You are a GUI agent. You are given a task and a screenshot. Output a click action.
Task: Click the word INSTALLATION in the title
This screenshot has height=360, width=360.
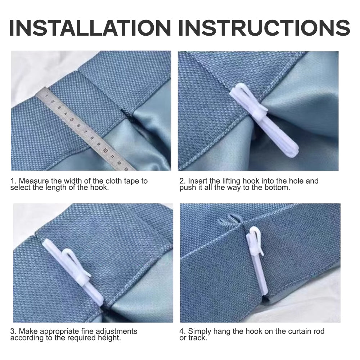point(90,28)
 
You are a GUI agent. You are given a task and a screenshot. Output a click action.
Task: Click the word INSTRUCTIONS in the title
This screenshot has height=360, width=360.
point(264,28)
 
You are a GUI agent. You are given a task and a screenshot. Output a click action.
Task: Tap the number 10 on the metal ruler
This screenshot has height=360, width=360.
point(105,150)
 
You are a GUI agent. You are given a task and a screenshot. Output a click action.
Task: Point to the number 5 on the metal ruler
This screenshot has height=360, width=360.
point(72,120)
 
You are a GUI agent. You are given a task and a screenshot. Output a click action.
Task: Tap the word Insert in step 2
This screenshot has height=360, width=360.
point(197,181)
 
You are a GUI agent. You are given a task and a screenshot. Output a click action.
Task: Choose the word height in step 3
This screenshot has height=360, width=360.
point(109,338)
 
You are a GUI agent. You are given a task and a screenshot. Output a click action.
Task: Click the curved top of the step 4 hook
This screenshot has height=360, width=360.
point(255,230)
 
